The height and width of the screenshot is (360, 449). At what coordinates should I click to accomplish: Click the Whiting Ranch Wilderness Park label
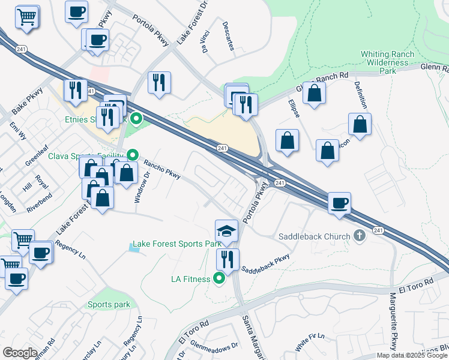(x=387, y=62)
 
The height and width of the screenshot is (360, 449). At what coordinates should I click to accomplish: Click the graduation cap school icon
(x=226, y=230)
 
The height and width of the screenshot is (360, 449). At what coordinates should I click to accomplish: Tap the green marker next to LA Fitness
(x=219, y=278)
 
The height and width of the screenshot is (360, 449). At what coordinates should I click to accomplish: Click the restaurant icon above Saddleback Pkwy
(x=228, y=259)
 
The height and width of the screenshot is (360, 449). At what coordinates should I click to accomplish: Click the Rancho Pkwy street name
(x=161, y=170)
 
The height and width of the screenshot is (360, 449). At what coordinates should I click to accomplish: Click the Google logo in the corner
(x=20, y=353)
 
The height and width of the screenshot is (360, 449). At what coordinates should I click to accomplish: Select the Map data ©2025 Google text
(x=411, y=355)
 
